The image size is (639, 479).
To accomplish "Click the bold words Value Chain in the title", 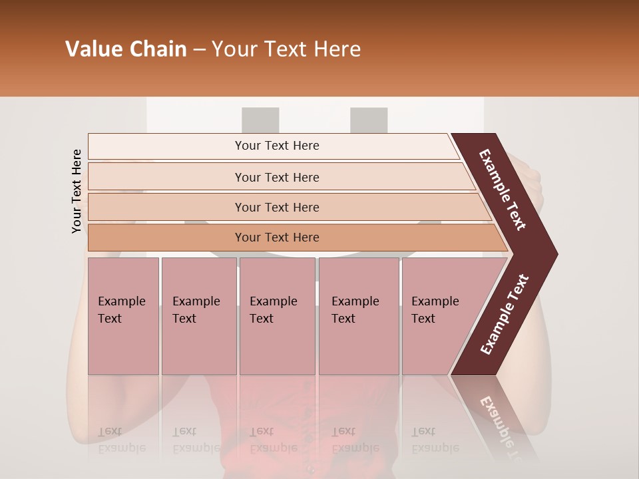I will pyautogui.click(x=126, y=49).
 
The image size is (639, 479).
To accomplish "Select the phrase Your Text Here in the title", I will pyautogui.click(x=286, y=49).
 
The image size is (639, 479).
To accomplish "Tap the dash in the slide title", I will pyautogui.click(x=199, y=50).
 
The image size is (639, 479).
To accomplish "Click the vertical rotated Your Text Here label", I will pyautogui.click(x=77, y=191).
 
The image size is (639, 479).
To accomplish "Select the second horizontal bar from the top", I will pyautogui.click(x=276, y=177).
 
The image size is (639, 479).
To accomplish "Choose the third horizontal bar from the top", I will pyautogui.click(x=276, y=207).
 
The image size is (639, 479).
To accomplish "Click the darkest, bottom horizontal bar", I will pyautogui.click(x=276, y=238).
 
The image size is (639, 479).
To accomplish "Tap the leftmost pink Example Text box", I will pyautogui.click(x=123, y=316).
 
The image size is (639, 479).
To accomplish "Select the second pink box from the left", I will pyautogui.click(x=198, y=316).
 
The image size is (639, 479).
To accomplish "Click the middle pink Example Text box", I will pyautogui.click(x=277, y=316).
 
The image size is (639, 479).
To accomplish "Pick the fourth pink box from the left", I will pyautogui.click(x=358, y=316).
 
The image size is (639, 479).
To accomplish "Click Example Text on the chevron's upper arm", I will pyautogui.click(x=503, y=190).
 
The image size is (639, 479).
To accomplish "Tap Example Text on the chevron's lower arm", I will pyautogui.click(x=505, y=314).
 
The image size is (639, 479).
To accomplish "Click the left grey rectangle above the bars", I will pyautogui.click(x=260, y=120).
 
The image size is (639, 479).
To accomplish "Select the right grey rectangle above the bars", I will pyautogui.click(x=369, y=120).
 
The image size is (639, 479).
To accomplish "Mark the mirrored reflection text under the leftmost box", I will pyautogui.click(x=122, y=439).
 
